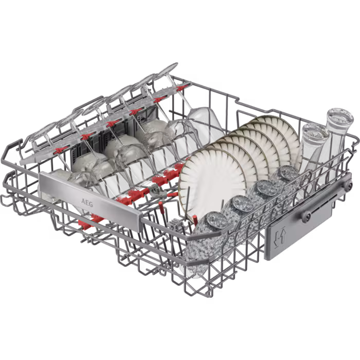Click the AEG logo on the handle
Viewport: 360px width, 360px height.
(x=87, y=203)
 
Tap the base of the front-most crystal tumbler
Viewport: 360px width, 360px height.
(x=217, y=221)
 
